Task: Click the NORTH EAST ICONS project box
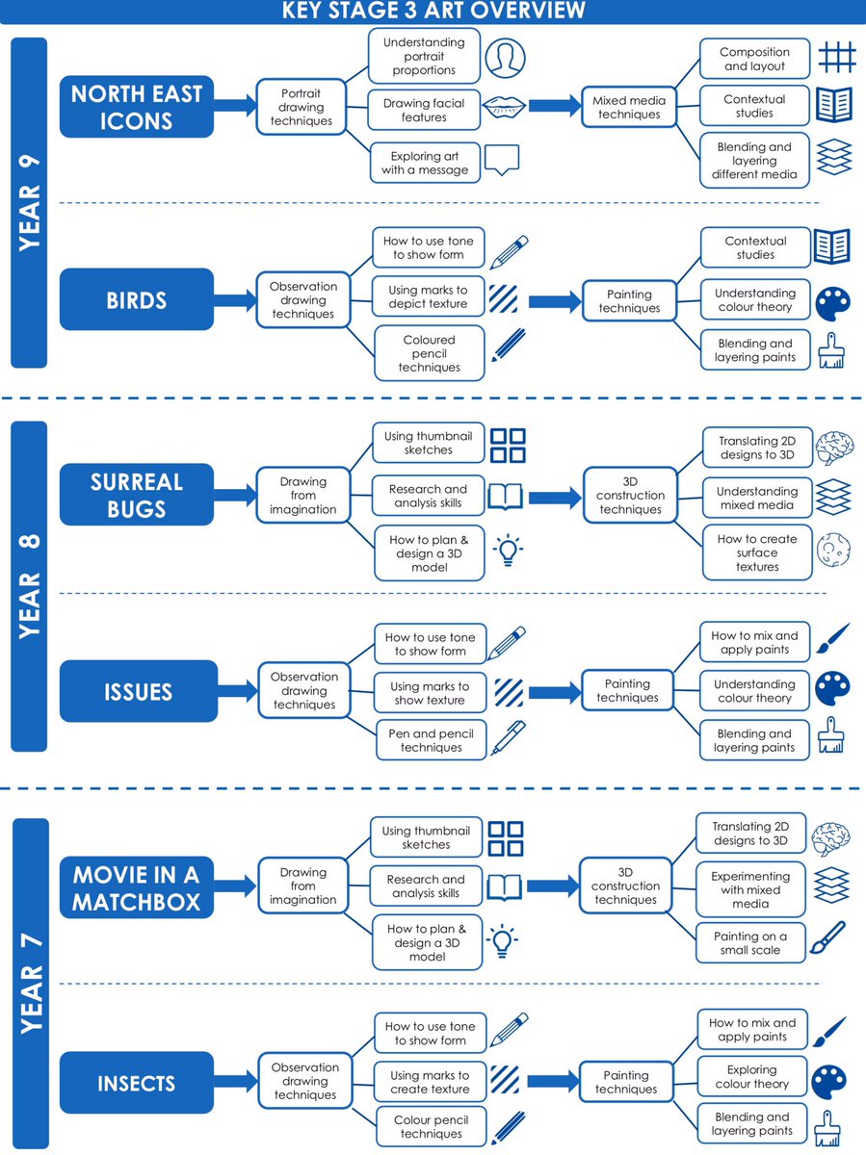pyautogui.click(x=137, y=107)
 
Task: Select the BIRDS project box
pyautogui.click(x=137, y=299)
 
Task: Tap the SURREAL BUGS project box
pyautogui.click(x=137, y=495)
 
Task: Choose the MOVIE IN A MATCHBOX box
pyautogui.click(x=137, y=887)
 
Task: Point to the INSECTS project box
pyautogui.click(x=137, y=1083)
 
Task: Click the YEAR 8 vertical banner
pyautogui.click(x=29, y=586)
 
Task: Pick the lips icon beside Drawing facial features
pyautogui.click(x=504, y=108)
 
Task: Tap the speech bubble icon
pyautogui.click(x=502, y=160)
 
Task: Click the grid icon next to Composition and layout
pyautogui.click(x=836, y=58)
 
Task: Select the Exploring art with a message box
pyautogui.click(x=425, y=163)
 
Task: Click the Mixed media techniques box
pyautogui.click(x=629, y=108)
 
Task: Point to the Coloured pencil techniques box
pyautogui.click(x=429, y=353)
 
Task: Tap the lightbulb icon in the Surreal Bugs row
pyautogui.click(x=508, y=550)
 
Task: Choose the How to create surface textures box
pyautogui.click(x=757, y=552)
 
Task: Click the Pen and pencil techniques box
pyautogui.click(x=432, y=740)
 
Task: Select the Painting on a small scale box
pyautogui.click(x=750, y=943)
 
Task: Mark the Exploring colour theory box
pyautogui.click(x=752, y=1077)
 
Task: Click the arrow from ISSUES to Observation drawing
pyautogui.click(x=237, y=691)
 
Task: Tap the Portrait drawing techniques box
pyautogui.click(x=302, y=107)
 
